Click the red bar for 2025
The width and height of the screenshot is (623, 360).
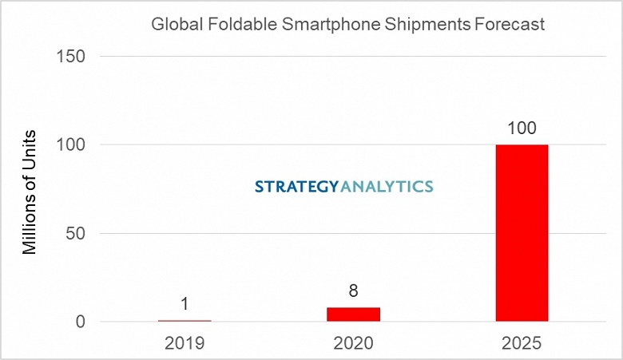522,233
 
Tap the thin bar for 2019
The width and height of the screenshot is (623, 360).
185,321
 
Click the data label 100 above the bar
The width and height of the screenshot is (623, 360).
522,128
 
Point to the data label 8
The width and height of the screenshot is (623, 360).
353,291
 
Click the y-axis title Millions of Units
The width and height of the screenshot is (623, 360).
30,190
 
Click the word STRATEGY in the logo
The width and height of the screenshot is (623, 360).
297,187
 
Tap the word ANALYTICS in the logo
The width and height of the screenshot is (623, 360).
387,187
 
